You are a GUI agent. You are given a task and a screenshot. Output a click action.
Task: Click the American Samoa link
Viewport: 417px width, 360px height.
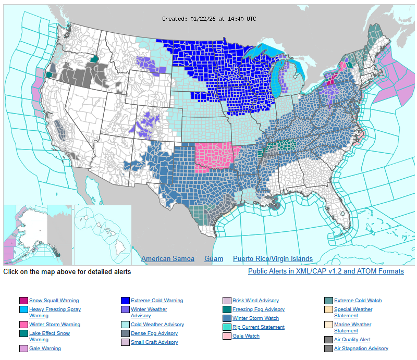click(x=167, y=259)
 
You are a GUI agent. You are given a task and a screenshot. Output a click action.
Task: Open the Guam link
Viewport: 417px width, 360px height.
click(x=214, y=259)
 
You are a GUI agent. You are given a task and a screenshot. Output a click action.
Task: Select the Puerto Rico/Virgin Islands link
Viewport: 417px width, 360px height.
click(x=273, y=259)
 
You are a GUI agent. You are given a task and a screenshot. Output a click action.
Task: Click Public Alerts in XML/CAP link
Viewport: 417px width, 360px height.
click(x=326, y=271)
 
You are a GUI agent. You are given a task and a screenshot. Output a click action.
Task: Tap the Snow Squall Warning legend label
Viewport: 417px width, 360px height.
click(x=54, y=301)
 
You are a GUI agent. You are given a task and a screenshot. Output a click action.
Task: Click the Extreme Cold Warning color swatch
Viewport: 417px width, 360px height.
click(x=125, y=301)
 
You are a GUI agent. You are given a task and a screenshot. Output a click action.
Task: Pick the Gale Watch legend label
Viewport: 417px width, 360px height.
click(x=246, y=336)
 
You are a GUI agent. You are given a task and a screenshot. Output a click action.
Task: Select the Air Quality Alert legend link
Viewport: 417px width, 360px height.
click(x=352, y=340)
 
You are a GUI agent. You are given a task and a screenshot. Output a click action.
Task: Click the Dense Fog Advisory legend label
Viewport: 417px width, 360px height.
click(x=154, y=333)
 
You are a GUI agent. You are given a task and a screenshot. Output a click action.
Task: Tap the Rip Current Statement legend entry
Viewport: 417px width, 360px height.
click(x=259, y=327)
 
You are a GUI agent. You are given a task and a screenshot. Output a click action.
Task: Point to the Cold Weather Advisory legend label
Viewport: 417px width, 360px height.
click(x=157, y=325)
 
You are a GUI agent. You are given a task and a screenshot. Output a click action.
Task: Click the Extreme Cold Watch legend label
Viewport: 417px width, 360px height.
click(x=358, y=301)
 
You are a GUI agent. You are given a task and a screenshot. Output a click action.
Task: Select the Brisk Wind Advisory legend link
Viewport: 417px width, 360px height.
click(x=255, y=301)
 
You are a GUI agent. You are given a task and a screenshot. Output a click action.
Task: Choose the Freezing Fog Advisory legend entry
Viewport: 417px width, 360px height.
click(x=259, y=309)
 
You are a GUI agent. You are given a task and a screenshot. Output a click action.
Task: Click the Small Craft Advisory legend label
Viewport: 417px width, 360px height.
click(x=154, y=342)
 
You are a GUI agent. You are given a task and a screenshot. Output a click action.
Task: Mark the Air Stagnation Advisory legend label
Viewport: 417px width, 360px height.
click(x=361, y=349)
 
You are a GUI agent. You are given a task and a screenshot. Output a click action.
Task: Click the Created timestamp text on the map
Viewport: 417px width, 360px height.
click(x=209, y=19)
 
